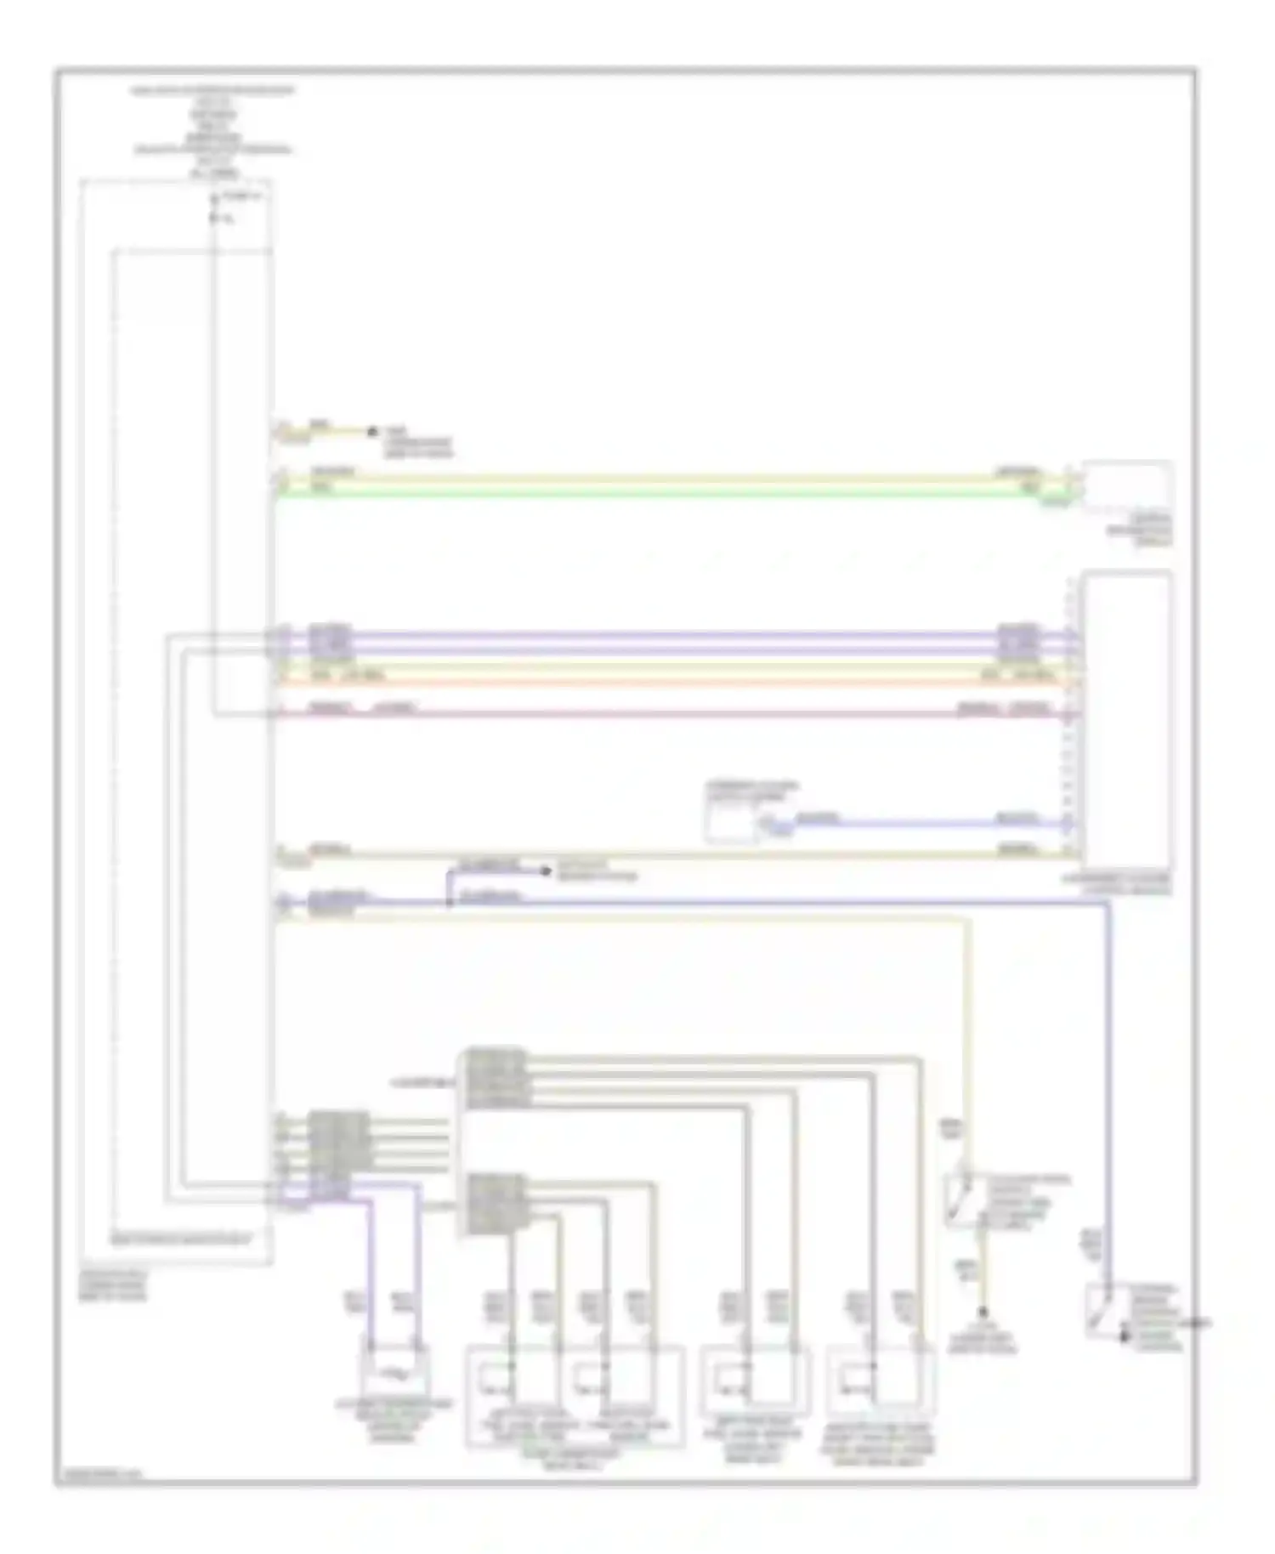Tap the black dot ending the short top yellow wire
[x=371, y=432]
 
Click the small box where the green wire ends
[x=1127, y=486]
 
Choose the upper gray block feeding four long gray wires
[x=493, y=1079]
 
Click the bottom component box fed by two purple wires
[x=394, y=1370]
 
